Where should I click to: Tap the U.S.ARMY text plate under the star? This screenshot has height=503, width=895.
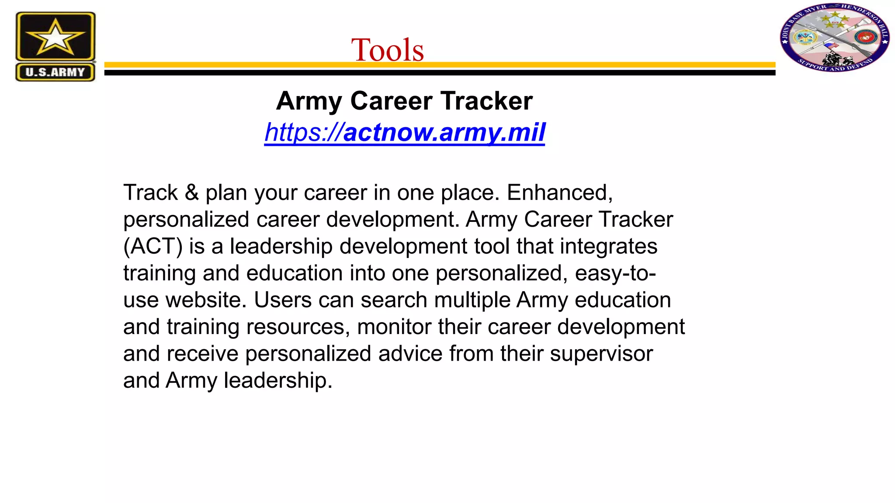[55, 72]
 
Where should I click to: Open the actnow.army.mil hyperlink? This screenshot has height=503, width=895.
[405, 132]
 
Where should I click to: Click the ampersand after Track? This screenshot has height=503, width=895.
[191, 193]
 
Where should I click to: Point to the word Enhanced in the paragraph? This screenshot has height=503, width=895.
[559, 193]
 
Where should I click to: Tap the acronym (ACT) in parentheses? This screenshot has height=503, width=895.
[153, 246]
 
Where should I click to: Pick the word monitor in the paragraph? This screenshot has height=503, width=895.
[394, 327]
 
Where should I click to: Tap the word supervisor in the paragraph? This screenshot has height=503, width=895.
[601, 354]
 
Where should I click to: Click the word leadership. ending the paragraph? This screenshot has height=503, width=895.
[278, 380]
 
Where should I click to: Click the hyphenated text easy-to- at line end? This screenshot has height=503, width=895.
[615, 273]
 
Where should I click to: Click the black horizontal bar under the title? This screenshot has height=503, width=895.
[439, 73]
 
